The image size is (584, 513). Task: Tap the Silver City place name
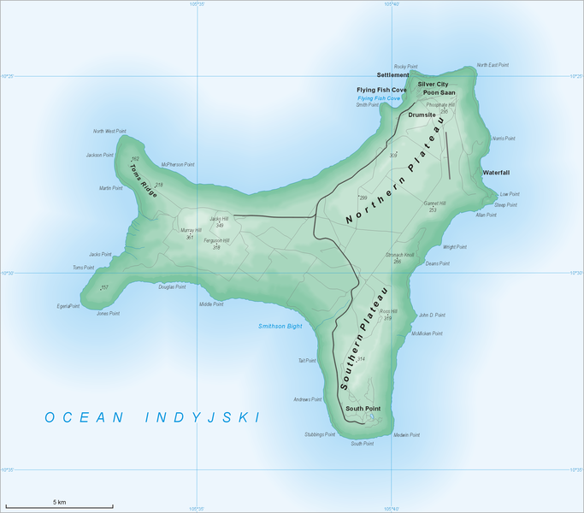[x=433, y=85]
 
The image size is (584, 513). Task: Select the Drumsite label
[x=422, y=114]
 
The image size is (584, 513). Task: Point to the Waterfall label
[x=496, y=172]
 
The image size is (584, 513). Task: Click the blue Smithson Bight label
[x=280, y=327]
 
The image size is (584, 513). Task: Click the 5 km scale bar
[x=60, y=504]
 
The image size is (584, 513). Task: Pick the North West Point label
[x=110, y=132]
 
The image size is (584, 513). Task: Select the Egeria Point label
[x=68, y=306]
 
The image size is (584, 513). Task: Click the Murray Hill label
[x=191, y=230]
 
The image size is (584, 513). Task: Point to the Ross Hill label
[x=388, y=312]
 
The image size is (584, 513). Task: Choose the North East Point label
[x=493, y=65]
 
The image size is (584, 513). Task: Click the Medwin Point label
[x=407, y=435]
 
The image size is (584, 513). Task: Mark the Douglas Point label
[x=172, y=287]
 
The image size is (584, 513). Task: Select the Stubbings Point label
[x=319, y=434]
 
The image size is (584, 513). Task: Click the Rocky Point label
[x=405, y=66]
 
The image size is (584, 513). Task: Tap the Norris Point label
[x=504, y=138]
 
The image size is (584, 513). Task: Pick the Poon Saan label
[x=438, y=94]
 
